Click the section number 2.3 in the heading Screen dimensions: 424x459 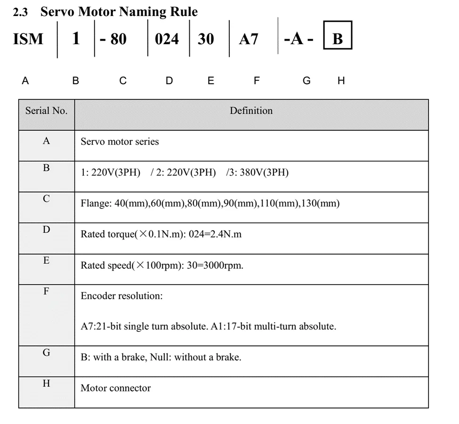click(20, 12)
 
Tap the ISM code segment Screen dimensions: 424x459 click(28, 39)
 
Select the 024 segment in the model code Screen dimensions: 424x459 click(167, 39)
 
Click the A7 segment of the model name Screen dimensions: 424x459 click(249, 39)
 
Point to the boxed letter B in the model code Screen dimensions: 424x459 click(338, 38)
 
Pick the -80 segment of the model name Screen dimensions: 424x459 click(113, 39)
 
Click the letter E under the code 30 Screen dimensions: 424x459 click(210, 80)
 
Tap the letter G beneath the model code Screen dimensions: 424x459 click(306, 80)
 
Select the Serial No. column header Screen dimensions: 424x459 click(46, 111)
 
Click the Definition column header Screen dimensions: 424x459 click(251, 111)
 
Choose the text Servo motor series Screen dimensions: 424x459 click(120, 142)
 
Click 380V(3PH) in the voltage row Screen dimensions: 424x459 click(264, 173)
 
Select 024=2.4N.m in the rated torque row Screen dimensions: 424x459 click(215, 234)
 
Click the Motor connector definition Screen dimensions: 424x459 click(115, 388)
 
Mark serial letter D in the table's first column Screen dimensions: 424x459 click(46, 230)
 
